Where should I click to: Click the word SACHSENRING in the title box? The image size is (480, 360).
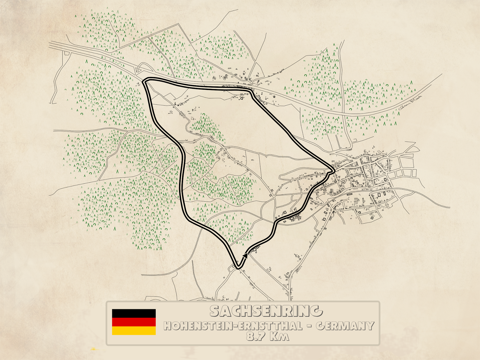click(x=266, y=311)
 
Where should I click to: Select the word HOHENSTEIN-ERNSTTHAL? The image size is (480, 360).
click(x=232, y=326)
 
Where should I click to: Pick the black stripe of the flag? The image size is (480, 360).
click(x=134, y=313)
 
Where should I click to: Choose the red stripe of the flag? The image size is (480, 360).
click(x=134, y=322)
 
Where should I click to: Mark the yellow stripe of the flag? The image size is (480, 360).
click(x=134, y=331)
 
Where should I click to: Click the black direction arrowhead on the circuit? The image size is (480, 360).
click(x=245, y=255)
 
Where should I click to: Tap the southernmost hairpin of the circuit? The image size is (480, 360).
click(x=238, y=267)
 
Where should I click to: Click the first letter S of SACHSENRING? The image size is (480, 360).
click(x=215, y=311)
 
